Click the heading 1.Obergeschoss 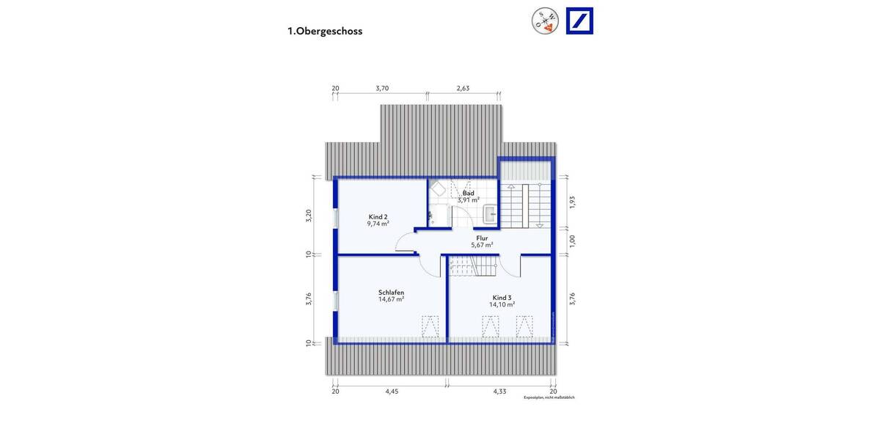(x=325, y=32)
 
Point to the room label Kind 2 (x=378, y=217)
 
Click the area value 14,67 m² (x=391, y=299)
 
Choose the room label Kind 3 (x=502, y=297)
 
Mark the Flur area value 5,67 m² (x=482, y=245)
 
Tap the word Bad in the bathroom (x=468, y=193)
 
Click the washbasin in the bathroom (x=490, y=214)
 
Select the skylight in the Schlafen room (x=430, y=324)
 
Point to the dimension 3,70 (x=381, y=88)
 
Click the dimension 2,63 (x=463, y=88)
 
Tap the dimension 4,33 (x=500, y=392)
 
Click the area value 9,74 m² (x=378, y=224)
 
